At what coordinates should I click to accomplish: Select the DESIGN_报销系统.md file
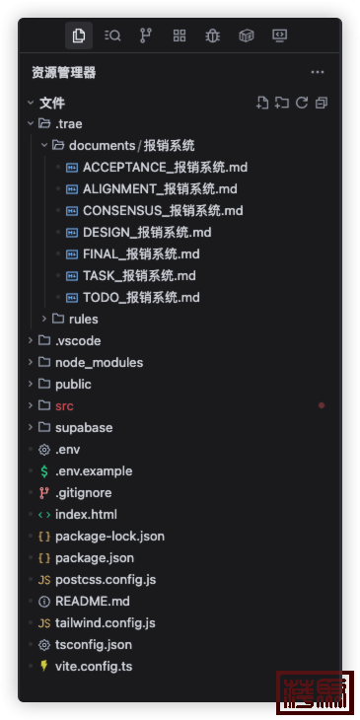(147, 232)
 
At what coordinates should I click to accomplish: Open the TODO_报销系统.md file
(141, 297)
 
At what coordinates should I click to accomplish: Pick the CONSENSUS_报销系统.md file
(163, 210)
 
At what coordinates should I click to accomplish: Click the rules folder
(83, 319)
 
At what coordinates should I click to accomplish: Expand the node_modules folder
(99, 362)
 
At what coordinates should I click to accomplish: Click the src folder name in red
(64, 405)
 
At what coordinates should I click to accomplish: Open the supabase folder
(83, 427)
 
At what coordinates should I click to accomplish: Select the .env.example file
(93, 470)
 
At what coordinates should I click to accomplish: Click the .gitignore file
(83, 492)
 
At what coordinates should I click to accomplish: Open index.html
(86, 514)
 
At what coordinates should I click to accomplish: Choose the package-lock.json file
(109, 536)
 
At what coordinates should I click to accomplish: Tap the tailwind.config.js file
(105, 622)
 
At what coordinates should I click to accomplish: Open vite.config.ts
(94, 666)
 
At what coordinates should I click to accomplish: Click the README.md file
(92, 601)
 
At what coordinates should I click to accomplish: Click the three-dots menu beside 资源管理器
(318, 72)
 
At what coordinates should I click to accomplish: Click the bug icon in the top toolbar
(212, 36)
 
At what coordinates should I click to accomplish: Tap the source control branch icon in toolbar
(146, 36)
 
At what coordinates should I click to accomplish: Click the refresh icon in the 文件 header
(302, 103)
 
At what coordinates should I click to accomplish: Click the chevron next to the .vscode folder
(31, 340)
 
